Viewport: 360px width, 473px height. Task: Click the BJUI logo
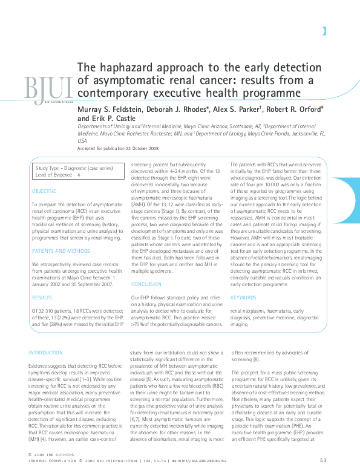[48, 88]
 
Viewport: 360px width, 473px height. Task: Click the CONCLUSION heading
[146, 284]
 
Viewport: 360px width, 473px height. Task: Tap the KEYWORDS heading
[243, 298]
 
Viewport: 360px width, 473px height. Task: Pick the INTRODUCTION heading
[46, 353]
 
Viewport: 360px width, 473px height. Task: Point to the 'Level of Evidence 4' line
[58, 174]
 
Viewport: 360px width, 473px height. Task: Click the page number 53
[323, 461]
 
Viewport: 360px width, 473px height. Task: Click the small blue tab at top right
[325, 31]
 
